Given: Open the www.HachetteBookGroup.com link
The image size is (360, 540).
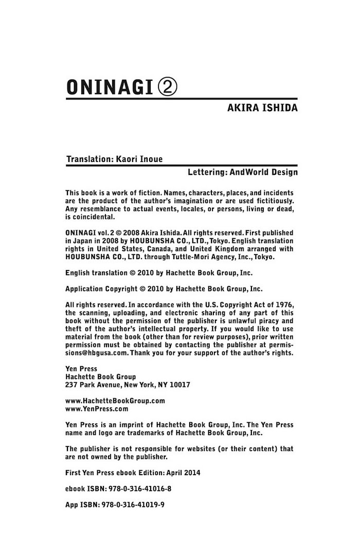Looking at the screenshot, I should click(x=115, y=401).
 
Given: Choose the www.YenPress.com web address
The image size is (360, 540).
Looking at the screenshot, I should click(x=97, y=409).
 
